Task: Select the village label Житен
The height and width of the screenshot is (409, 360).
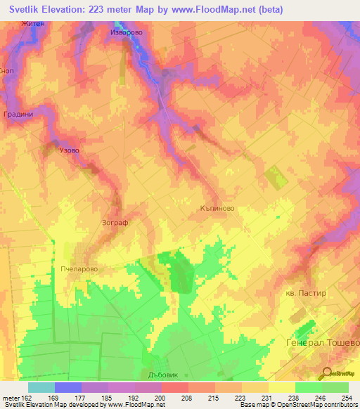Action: click(33, 25)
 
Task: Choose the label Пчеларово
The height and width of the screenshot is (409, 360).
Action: click(84, 268)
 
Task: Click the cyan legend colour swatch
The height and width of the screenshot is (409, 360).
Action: click(41, 387)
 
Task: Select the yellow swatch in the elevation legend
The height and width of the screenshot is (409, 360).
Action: click(281, 387)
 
